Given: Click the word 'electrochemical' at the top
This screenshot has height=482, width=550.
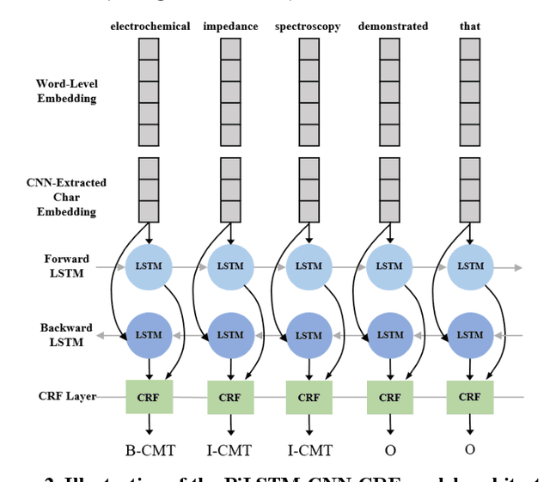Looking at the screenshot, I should pyautogui.click(x=150, y=26).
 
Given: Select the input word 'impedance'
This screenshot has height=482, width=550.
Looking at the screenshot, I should pyautogui.click(x=230, y=26).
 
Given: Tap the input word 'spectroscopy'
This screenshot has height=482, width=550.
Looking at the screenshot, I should pyautogui.click(x=308, y=26).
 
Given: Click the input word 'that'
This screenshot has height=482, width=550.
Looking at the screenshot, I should pyautogui.click(x=470, y=26).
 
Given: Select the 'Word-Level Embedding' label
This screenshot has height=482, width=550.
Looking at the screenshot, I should pyautogui.click(x=66, y=91).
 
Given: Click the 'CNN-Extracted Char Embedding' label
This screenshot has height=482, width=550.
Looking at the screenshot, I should pyautogui.click(x=66, y=197).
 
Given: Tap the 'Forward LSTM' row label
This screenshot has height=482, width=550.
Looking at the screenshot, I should pyautogui.click(x=66, y=265).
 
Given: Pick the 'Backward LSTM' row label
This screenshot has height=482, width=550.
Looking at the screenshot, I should pyautogui.click(x=62, y=335).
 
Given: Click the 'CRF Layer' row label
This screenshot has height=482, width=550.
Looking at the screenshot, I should pyautogui.click(x=66, y=396).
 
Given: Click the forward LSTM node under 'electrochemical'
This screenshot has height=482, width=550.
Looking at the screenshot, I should pyautogui.click(x=150, y=266).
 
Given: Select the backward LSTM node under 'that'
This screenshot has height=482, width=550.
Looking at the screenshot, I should pyautogui.click(x=469, y=335).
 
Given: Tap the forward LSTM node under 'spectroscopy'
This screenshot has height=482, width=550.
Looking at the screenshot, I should pyautogui.click(x=309, y=266).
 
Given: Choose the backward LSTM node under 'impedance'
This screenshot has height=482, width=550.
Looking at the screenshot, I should pyautogui.click(x=229, y=335).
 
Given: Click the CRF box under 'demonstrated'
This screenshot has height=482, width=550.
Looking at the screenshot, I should pyautogui.click(x=389, y=398).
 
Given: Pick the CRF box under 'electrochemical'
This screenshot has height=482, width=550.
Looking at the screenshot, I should pyautogui.click(x=150, y=397).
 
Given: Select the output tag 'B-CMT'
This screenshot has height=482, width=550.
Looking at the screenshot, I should pyautogui.click(x=150, y=449).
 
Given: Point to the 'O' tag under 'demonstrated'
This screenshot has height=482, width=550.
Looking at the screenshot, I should pyautogui.click(x=389, y=449).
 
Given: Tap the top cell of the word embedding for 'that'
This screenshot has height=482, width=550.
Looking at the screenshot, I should pyautogui.click(x=469, y=49).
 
